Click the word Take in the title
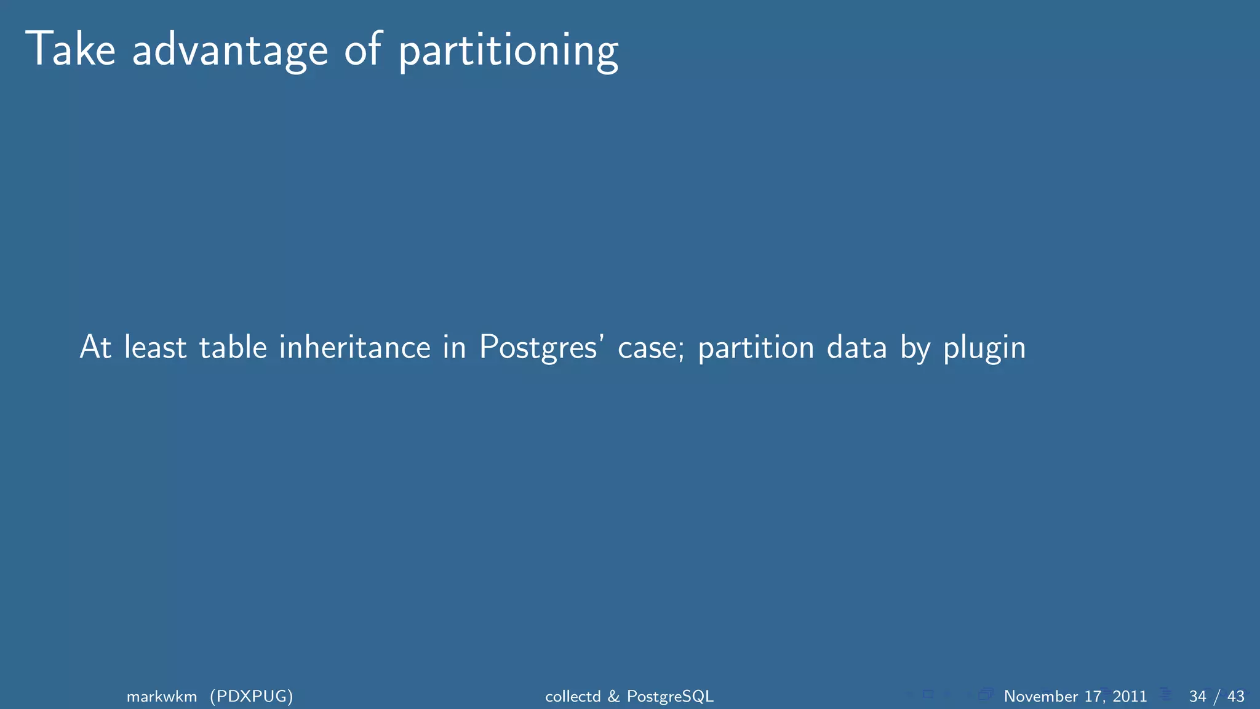[70, 49]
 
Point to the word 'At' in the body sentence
[95, 347]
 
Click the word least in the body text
[155, 347]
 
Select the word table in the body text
[233, 347]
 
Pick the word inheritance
[355, 347]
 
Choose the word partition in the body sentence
[756, 348]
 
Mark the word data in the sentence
[857, 347]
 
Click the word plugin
[984, 348]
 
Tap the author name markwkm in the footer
[162, 696]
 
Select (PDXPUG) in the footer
[251, 696]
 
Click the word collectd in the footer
[573, 696]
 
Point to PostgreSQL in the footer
[670, 697]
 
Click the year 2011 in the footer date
[1130, 696]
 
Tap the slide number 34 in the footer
[1197, 696]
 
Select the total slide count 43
[1236, 696]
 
